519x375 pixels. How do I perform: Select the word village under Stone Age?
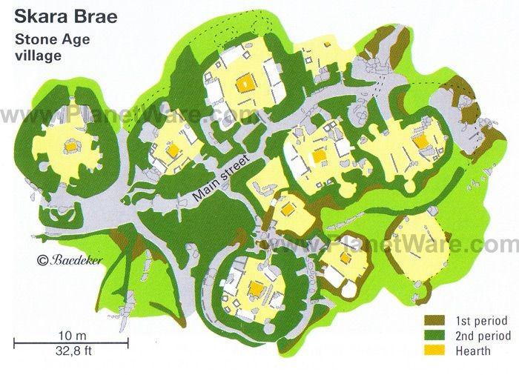(x=35, y=56)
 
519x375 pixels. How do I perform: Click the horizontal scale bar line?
(x=70, y=342)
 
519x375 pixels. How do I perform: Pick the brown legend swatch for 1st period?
(x=434, y=321)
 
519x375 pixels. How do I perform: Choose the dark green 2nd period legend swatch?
(x=434, y=336)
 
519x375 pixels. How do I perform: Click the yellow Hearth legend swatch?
(x=434, y=351)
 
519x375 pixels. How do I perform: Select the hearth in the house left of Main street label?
(x=172, y=150)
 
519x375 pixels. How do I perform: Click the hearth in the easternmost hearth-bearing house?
(x=421, y=141)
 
